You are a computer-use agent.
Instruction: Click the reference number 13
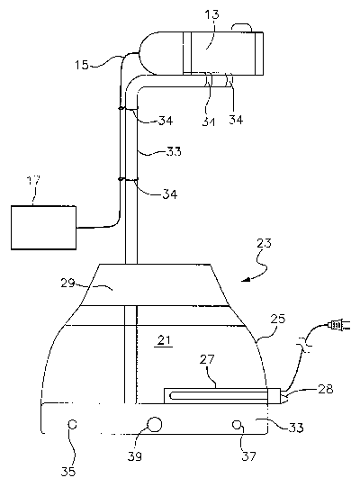[x=212, y=14]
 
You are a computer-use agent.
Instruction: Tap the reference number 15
[x=81, y=65]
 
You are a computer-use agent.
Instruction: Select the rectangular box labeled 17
[x=43, y=228]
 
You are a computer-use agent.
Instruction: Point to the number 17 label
[x=33, y=181]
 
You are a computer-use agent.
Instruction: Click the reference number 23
[x=264, y=243]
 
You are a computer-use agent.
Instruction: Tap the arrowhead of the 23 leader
[x=247, y=280]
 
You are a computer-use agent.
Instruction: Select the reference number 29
[x=67, y=283]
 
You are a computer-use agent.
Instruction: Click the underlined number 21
[x=164, y=340]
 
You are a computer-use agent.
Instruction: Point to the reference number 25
[x=277, y=319]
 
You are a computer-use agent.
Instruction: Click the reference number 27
[x=207, y=359]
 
